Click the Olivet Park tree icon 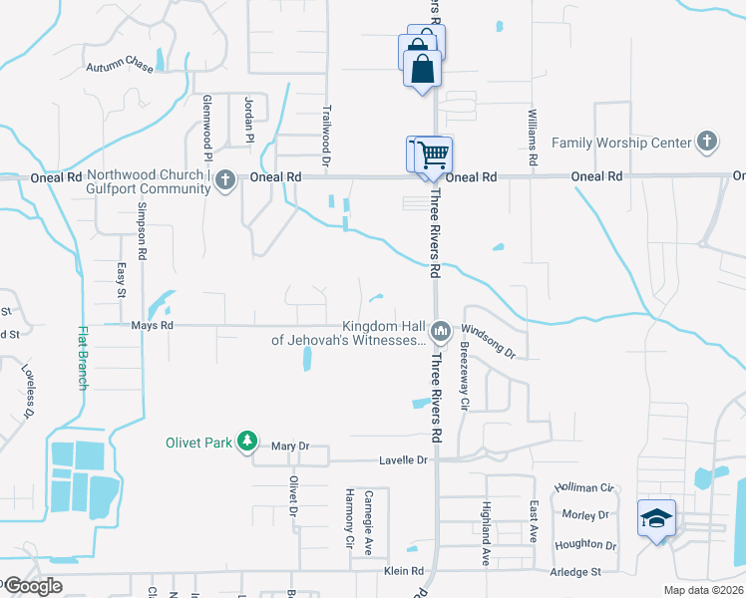point(248,442)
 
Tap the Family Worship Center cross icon point(707,143)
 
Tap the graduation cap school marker point(657,518)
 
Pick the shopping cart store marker point(432,155)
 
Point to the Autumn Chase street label point(119,67)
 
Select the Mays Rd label point(153,325)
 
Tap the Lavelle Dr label point(403,460)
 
